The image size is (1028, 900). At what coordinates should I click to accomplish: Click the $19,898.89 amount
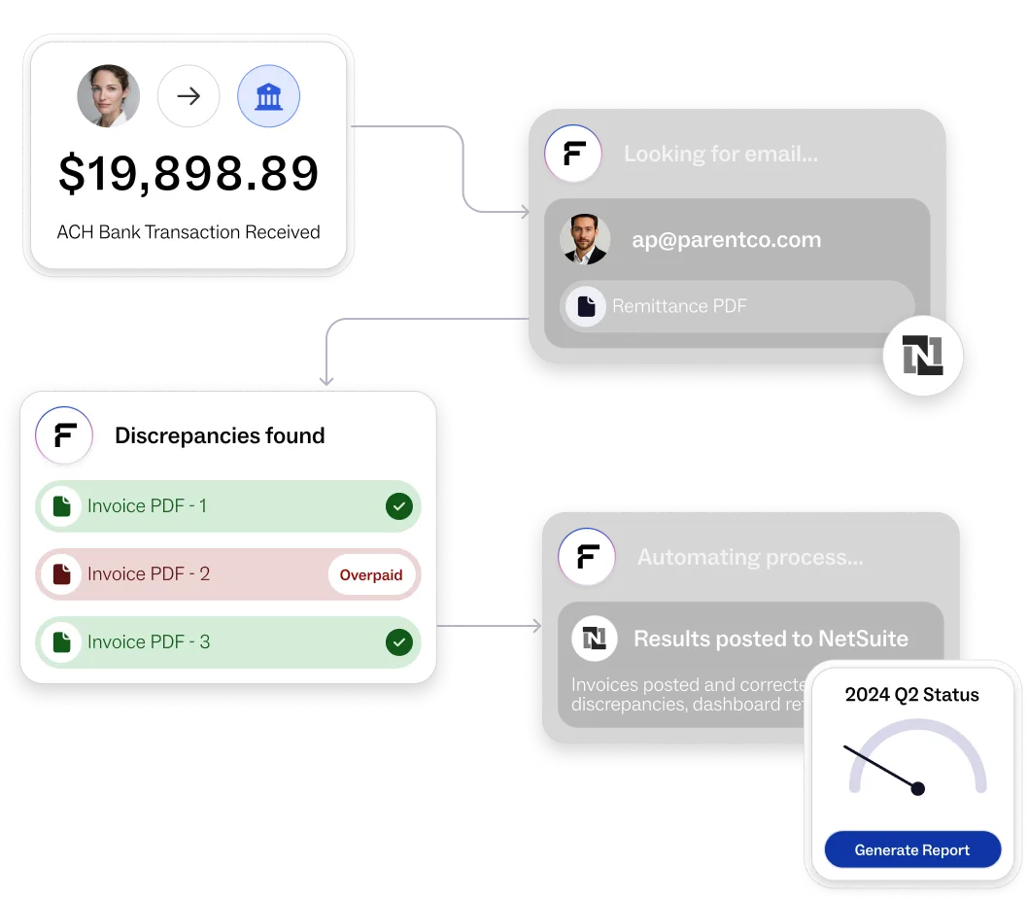188,173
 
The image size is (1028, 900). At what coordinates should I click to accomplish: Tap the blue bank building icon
268,96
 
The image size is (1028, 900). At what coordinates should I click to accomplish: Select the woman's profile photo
109,96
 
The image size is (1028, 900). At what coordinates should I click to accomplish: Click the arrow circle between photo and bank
188,96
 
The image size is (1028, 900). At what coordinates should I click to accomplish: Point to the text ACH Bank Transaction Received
188,232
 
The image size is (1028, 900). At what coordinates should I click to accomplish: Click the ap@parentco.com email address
726,240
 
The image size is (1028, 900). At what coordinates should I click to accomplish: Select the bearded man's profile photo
585,240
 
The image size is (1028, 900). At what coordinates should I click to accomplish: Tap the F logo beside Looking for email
573,154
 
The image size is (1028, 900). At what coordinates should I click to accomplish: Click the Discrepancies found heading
220,436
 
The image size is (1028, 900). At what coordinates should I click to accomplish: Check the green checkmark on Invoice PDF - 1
398,506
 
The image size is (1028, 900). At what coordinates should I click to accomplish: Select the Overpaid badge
371,575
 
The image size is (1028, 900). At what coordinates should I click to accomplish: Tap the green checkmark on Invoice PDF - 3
398,642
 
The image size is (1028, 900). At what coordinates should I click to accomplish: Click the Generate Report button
911,850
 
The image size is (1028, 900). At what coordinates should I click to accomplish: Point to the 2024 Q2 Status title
911,695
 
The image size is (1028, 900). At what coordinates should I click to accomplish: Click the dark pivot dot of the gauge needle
917,788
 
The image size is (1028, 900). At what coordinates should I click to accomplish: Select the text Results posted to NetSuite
771,639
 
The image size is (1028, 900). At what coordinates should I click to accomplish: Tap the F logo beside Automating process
587,557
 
